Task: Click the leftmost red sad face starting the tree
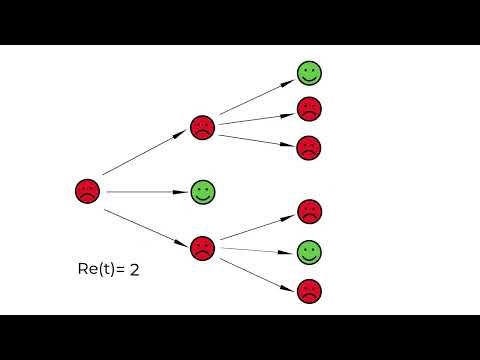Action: [88, 191]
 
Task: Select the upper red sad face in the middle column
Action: [203, 127]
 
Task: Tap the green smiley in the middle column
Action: [203, 191]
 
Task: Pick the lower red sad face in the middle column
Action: [203, 247]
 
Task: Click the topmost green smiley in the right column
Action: [309, 73]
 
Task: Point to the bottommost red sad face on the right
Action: [309, 291]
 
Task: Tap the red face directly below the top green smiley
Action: [309, 109]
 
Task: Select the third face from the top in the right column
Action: [309, 147]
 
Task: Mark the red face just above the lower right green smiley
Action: [309, 211]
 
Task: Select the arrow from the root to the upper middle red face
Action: [145, 155]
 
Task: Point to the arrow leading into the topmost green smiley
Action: [257, 97]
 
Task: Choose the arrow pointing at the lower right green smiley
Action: [258, 250]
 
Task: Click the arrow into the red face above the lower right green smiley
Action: [258, 227]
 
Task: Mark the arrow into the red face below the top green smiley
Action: [258, 117]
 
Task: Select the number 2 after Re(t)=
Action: [132, 269]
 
